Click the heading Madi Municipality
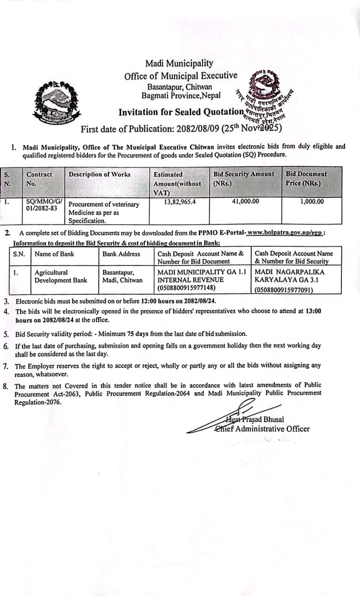pyautogui.click(x=179, y=63)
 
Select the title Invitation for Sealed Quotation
pyautogui.click(x=181, y=112)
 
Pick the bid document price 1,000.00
pyautogui.click(x=312, y=202)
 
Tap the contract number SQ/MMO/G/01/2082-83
pyautogui.click(x=41, y=205)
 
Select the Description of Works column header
pyautogui.click(x=100, y=175)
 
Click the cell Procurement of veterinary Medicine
pyautogui.click(x=103, y=208)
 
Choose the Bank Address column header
pyautogui.click(x=121, y=254)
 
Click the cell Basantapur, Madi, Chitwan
pyautogui.click(x=122, y=276)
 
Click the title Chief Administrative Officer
pyautogui.click(x=262, y=429)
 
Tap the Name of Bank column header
pyautogui.click(x=54, y=254)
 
